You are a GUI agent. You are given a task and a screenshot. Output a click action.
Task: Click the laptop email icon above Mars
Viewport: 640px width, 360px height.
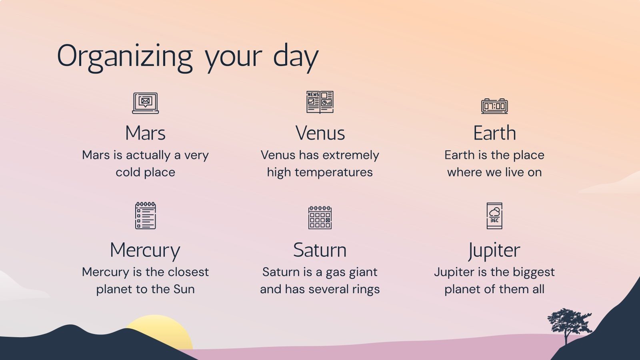pos(146,103)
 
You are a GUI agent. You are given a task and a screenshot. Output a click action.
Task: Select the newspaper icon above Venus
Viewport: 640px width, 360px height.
pos(320,102)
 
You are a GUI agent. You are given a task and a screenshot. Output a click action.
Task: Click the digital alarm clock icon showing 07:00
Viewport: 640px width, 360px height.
pos(494,106)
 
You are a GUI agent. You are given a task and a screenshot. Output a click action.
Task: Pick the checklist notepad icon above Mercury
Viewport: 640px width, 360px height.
pos(146,216)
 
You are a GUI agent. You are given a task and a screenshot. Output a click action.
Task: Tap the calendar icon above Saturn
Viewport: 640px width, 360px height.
pos(320,217)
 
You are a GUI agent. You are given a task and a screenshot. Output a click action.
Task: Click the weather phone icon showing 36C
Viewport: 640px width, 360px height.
pos(494,216)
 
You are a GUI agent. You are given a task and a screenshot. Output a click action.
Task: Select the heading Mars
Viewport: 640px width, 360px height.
pos(145,133)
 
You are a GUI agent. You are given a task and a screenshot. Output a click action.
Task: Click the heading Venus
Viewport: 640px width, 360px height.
pos(320,133)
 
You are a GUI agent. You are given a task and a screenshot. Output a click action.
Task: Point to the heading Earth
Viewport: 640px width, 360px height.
pos(494,133)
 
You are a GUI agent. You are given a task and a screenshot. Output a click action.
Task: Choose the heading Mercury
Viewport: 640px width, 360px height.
pos(145,251)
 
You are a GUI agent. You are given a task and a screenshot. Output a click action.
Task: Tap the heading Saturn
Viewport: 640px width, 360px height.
pos(320,250)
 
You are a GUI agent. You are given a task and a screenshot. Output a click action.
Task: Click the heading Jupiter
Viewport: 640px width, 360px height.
pos(494,251)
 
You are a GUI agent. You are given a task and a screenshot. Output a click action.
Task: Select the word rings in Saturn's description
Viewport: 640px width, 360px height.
pos(366,290)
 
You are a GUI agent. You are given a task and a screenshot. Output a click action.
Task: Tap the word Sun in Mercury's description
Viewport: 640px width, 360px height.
pos(184,289)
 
